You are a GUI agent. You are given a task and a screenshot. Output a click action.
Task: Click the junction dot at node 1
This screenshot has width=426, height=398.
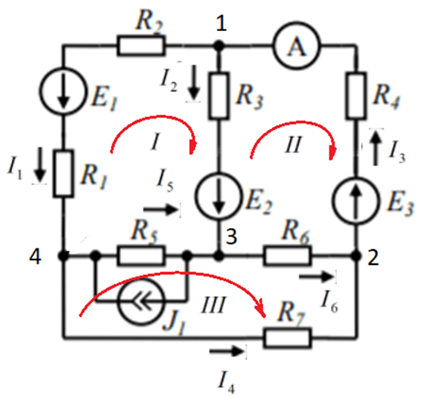coord(219,45)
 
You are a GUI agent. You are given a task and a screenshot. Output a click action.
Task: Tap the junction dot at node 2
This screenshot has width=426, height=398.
coord(356,256)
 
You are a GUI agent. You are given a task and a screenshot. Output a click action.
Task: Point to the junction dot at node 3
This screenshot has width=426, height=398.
coord(219,256)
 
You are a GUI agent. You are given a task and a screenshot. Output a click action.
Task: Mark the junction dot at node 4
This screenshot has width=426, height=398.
coord(63,256)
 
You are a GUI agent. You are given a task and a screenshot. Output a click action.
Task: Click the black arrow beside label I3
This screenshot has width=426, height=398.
coord(375,148)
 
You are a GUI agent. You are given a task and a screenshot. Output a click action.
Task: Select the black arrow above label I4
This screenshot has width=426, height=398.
coord(227,351)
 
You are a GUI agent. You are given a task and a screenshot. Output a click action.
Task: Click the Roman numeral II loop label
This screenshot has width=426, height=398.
coord(293,144)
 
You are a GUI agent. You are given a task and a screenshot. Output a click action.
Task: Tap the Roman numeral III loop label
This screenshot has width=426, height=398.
coord(214,305)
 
